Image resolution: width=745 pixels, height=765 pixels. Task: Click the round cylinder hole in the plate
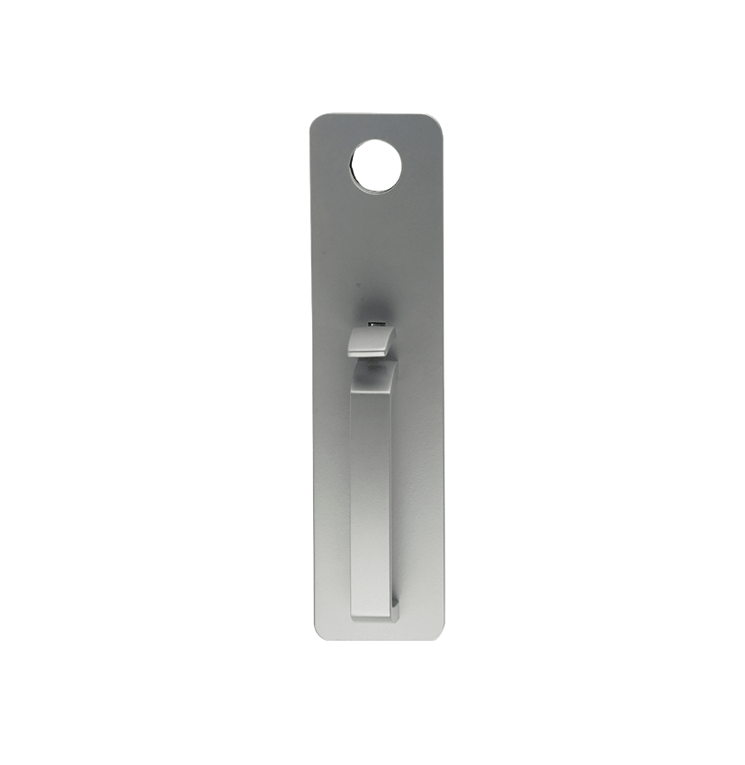[376, 167]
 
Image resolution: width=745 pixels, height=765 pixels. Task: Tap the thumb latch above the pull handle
[370, 341]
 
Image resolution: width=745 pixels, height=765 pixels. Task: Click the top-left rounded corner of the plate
[317, 121]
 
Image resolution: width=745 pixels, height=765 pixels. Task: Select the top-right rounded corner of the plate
[436, 122]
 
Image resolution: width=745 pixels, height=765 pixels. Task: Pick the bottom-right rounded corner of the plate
[436, 632]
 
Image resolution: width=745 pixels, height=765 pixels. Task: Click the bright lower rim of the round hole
[376, 189]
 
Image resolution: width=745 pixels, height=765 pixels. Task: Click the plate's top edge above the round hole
[376, 114]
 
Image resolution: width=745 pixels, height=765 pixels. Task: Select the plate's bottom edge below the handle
[376, 639]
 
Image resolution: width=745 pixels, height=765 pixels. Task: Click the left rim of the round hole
[353, 167]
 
